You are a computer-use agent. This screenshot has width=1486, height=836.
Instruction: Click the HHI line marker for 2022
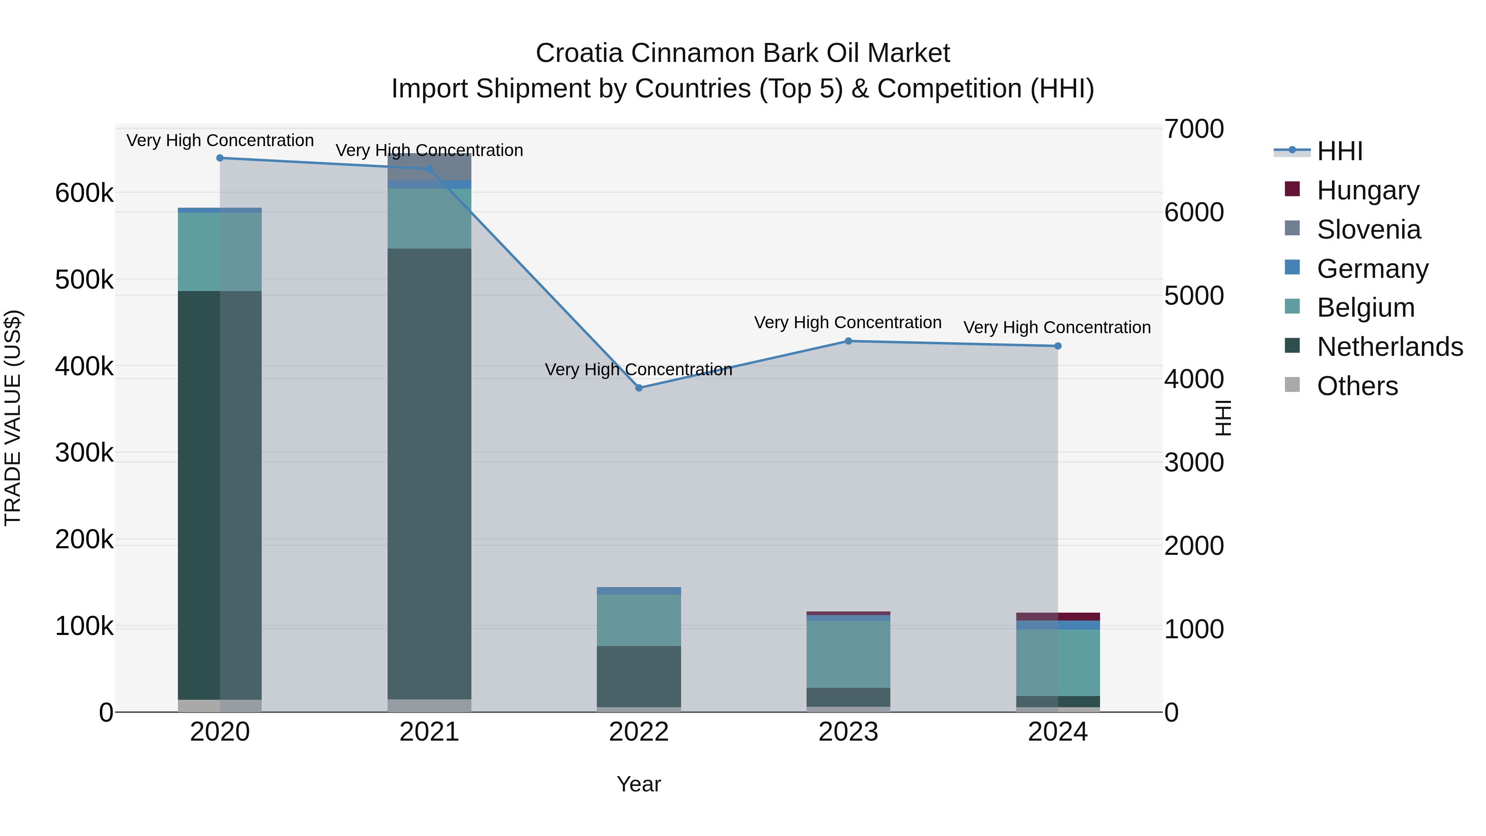[639, 388]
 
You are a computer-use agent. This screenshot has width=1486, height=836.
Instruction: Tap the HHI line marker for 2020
[220, 158]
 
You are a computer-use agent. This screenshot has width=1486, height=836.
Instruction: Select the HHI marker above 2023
[848, 341]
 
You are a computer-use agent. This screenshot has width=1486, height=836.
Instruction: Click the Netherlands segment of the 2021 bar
[429, 473]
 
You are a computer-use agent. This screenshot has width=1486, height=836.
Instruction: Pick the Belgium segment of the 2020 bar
[220, 251]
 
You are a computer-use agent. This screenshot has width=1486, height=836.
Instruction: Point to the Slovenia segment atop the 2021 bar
[429, 167]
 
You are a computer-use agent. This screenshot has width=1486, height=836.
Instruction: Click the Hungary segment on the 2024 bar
[1058, 616]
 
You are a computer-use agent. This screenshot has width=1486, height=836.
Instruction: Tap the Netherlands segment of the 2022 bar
[639, 676]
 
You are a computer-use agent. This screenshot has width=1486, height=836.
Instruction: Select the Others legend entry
[1357, 386]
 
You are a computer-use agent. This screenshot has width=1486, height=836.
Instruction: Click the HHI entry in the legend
[1339, 151]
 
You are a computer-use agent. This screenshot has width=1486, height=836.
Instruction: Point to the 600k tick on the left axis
[84, 193]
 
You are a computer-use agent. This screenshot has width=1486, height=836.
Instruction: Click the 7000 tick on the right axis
[1193, 129]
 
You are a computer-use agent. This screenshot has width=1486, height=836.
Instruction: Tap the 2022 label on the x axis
[639, 732]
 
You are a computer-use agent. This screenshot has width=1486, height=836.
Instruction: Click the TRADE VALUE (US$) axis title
[13, 418]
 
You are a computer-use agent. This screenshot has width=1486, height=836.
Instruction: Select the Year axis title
[639, 784]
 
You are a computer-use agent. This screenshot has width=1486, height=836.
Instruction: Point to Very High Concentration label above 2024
[1057, 327]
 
